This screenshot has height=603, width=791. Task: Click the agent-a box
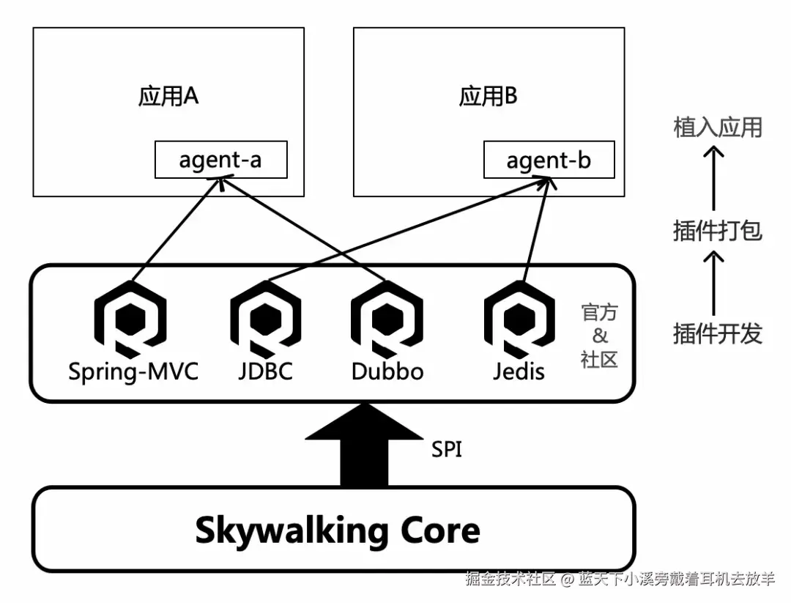220,160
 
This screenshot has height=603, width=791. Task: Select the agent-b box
549,160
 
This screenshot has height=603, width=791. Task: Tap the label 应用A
168,97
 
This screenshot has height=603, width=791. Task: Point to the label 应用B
489,97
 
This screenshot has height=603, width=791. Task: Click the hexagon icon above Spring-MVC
130,319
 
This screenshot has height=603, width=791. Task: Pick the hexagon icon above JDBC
265,319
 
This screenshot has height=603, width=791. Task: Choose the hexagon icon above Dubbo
387,319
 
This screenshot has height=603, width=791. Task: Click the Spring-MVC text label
133,371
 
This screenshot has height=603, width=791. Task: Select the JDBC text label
265,371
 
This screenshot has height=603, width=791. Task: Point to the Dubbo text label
387,371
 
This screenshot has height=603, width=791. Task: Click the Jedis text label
519,371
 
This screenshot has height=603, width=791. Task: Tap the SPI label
447,449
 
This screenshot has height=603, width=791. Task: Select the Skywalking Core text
338,530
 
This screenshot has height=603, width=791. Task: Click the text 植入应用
718,127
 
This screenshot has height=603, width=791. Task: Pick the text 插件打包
718,231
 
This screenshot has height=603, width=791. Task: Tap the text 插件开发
718,334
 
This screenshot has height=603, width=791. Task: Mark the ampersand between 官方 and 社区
600,336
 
